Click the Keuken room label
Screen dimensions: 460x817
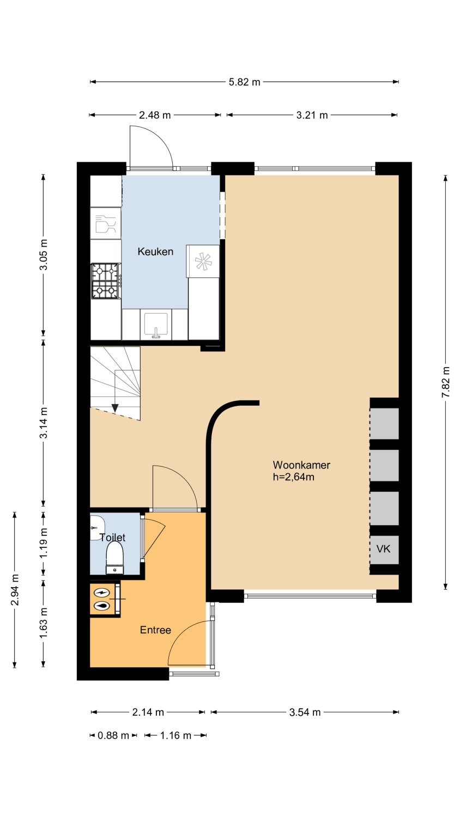point(155,252)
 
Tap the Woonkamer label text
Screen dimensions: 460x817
point(301,465)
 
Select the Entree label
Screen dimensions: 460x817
point(155,630)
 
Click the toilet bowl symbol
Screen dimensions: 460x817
point(114,558)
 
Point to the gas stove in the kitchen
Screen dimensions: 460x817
point(106,281)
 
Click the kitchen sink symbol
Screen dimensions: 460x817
point(156,324)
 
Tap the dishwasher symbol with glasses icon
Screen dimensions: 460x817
point(106,223)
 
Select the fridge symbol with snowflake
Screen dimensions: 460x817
point(203,261)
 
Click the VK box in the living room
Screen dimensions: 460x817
point(384,549)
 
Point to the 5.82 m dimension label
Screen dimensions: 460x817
point(244,82)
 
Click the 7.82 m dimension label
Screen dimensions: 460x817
point(446,382)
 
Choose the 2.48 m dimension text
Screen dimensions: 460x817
point(155,115)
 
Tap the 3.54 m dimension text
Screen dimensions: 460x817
point(305,712)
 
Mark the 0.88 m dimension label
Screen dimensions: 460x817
point(113,735)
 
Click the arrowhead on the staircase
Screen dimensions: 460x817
point(115,408)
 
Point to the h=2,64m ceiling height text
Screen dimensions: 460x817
point(294,477)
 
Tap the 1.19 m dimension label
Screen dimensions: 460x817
point(44,543)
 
